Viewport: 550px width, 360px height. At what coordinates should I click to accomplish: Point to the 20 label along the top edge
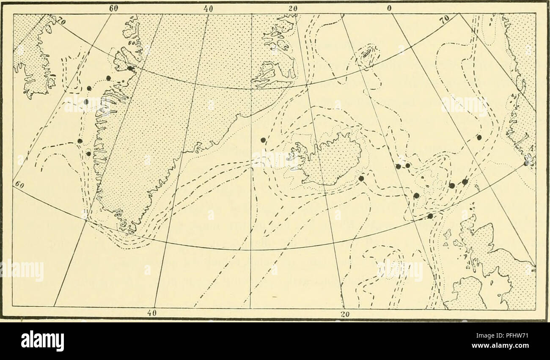pyautogui.click(x=293, y=8)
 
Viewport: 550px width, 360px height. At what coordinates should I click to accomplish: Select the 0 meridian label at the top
pyautogui.click(x=388, y=8)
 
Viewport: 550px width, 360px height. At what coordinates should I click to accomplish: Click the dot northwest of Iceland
pyautogui.click(x=263, y=140)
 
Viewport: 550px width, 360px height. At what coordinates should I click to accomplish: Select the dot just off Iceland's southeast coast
pyautogui.click(x=361, y=179)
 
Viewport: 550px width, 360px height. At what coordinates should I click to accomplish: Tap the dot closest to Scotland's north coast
pyautogui.click(x=430, y=216)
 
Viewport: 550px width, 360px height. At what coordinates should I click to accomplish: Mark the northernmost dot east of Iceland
pyautogui.click(x=479, y=137)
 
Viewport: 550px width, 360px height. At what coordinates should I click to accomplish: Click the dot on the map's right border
pyautogui.click(x=526, y=163)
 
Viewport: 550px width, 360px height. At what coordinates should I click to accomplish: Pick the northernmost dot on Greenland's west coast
pyautogui.click(x=130, y=68)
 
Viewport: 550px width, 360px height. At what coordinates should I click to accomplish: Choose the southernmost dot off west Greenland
pyautogui.click(x=88, y=154)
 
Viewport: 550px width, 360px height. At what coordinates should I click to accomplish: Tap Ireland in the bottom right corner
pyautogui.click(x=467, y=292)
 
